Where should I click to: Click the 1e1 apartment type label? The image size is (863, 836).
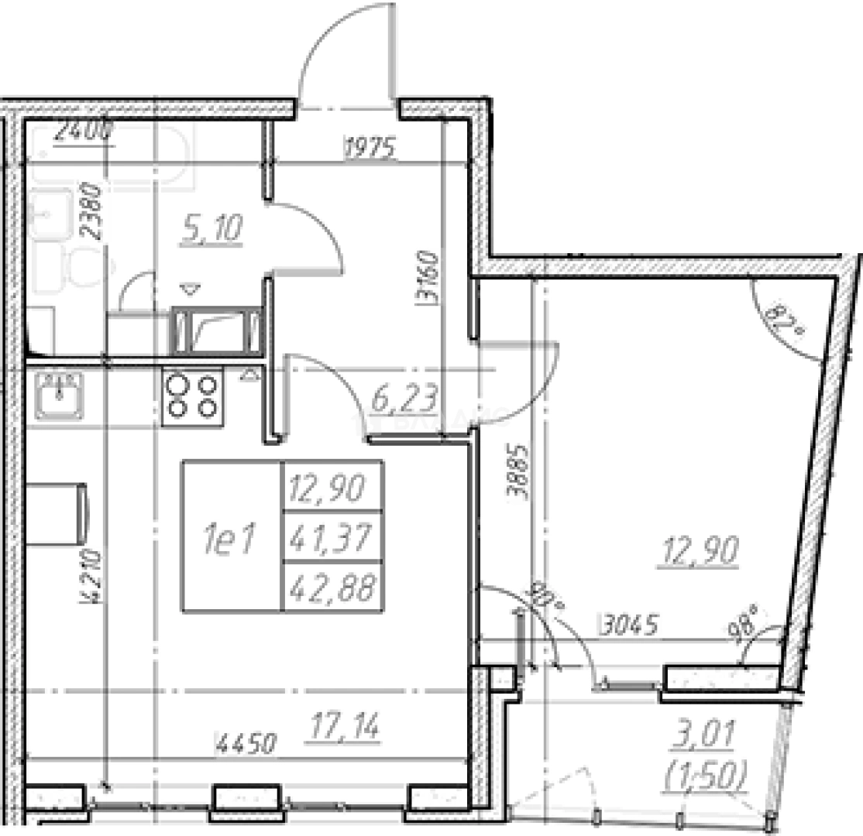click(x=230, y=539)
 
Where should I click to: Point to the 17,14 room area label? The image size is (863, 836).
click(x=345, y=728)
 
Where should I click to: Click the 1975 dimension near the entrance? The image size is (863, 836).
click(x=370, y=146)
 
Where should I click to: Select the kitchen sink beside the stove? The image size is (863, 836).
click(x=59, y=393)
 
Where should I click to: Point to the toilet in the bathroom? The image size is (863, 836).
click(x=85, y=268)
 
